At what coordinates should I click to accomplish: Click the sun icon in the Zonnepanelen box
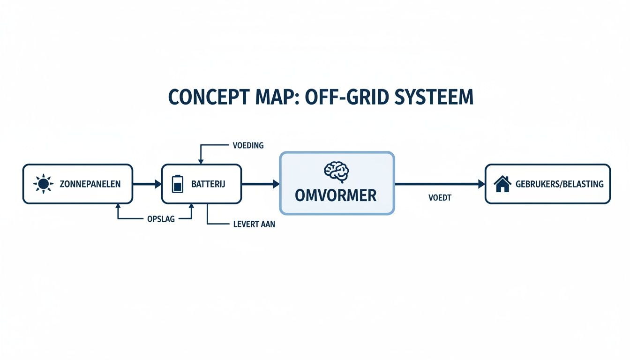click(43, 184)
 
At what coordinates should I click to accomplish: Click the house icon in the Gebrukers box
click(502, 184)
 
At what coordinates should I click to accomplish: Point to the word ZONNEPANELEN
click(90, 184)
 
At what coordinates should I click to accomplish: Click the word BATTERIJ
click(208, 184)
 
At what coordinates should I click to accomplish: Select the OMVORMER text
click(336, 195)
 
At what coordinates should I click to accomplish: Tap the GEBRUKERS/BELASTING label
click(559, 184)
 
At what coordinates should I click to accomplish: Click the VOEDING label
click(248, 145)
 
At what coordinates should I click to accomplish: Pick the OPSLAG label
click(161, 219)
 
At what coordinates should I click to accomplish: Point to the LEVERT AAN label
click(254, 224)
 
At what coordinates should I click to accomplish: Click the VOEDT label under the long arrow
click(440, 198)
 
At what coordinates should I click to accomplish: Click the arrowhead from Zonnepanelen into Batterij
click(158, 184)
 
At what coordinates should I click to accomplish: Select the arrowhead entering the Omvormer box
click(276, 184)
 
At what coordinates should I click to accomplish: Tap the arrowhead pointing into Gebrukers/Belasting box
click(481, 184)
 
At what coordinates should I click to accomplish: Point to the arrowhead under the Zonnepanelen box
click(117, 207)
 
